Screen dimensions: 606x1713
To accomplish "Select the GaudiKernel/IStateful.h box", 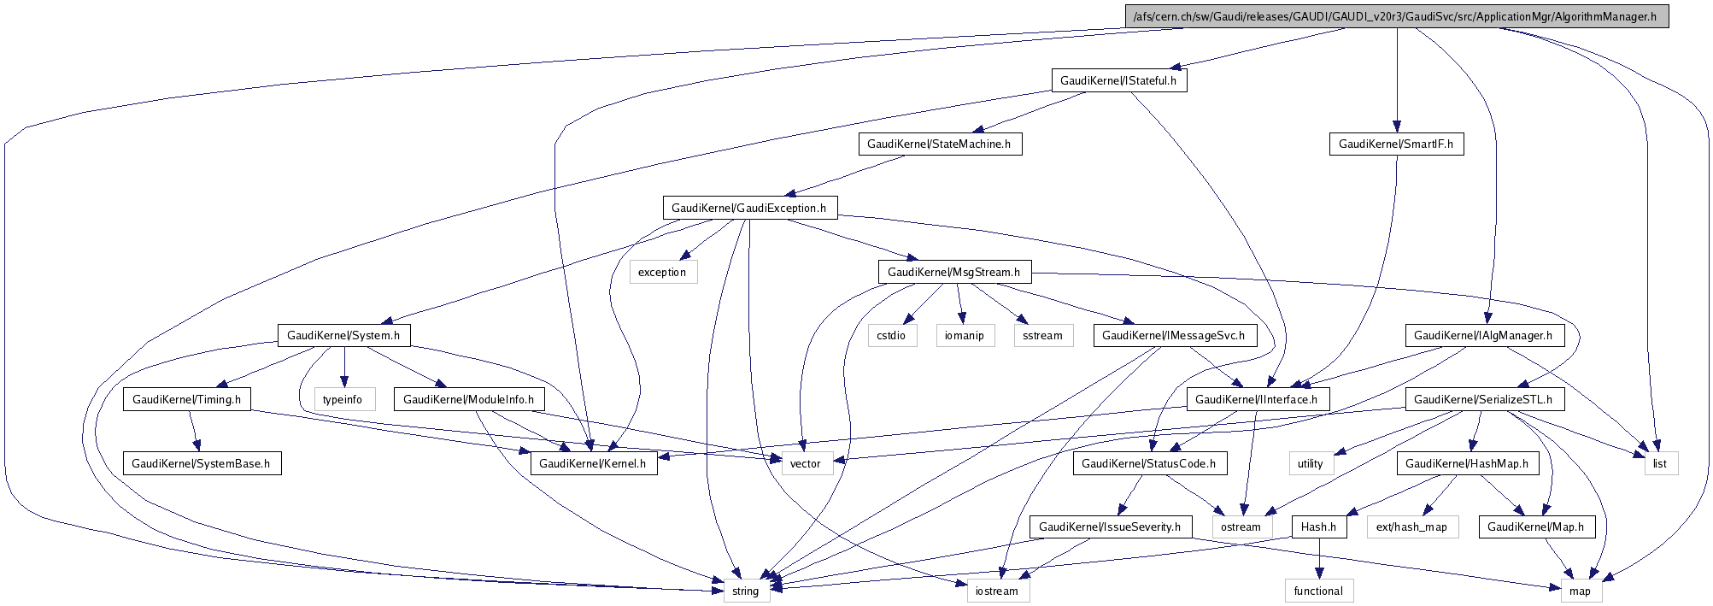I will pyautogui.click(x=1118, y=80).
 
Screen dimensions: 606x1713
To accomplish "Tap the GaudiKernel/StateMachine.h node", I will pyautogui.click(x=939, y=144).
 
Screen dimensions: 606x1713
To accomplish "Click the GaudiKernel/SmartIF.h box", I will pyautogui.click(x=1396, y=144).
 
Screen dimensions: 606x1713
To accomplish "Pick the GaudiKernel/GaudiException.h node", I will pyautogui.click(x=748, y=208).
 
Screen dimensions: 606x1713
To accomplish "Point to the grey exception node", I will pyautogui.click(x=662, y=272).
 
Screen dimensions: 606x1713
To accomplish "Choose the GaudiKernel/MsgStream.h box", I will pyautogui.click(x=953, y=272).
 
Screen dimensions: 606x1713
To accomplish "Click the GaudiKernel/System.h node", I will pyautogui.click(x=343, y=335).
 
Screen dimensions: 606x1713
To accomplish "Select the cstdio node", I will pyautogui.click(x=891, y=335).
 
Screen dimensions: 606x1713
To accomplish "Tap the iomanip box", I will pyautogui.click(x=965, y=335).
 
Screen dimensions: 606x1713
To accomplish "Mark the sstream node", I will pyautogui.click(x=1042, y=335).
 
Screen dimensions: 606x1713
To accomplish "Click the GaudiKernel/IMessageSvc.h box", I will pyautogui.click(x=1173, y=335).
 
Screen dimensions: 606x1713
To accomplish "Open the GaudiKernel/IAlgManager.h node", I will pyautogui.click(x=1483, y=335).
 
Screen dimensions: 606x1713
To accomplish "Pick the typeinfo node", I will pyautogui.click(x=343, y=399).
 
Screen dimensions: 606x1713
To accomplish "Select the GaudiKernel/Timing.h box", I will pyautogui.click(x=187, y=399).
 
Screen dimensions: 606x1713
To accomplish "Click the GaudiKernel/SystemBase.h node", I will pyautogui.click(x=201, y=463).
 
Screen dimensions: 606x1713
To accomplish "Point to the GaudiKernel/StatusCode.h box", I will pyautogui.click(x=1148, y=463).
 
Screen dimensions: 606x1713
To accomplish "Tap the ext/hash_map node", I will pyautogui.click(x=1411, y=527).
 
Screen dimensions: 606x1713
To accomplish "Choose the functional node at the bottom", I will pyautogui.click(x=1318, y=591).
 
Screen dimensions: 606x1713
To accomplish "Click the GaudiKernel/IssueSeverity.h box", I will pyautogui.click(x=1109, y=527).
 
